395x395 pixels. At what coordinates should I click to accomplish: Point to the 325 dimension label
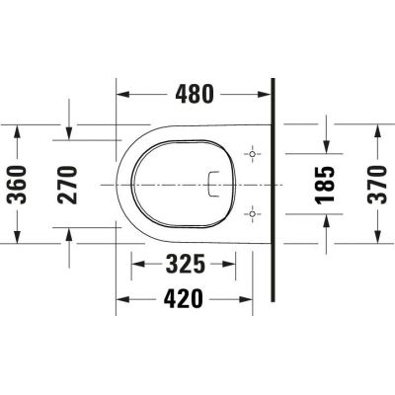(185, 265)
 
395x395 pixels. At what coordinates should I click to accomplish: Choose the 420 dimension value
(184, 297)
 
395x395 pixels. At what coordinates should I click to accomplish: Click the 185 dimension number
(327, 185)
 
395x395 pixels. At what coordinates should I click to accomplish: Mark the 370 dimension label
(378, 185)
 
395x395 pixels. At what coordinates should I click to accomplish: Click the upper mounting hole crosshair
(253, 156)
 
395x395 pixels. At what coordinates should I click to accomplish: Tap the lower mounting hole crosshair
(253, 212)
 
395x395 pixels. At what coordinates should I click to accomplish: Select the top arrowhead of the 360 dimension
(17, 129)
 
